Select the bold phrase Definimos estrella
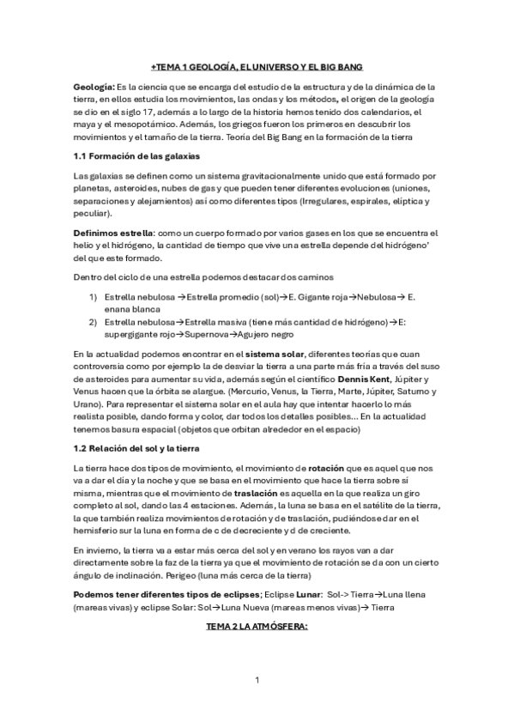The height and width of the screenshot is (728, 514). click(x=114, y=234)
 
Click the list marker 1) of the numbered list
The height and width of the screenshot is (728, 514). click(x=93, y=296)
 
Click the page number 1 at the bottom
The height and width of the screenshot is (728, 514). click(x=257, y=681)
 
